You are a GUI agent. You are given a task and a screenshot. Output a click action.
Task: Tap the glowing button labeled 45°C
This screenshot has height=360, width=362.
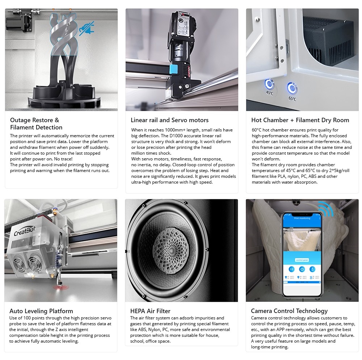(x=269, y=85)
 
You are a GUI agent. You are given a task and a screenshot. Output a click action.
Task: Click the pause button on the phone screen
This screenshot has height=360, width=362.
(x=291, y=269)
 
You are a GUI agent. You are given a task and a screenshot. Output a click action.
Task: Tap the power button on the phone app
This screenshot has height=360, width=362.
(x=302, y=269)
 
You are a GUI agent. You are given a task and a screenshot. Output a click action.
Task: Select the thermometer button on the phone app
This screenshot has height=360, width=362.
(x=312, y=269)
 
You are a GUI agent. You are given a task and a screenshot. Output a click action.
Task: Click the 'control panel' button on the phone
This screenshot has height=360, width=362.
(x=302, y=260)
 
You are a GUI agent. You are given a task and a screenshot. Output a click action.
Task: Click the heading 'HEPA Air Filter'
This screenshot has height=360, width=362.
(x=150, y=311)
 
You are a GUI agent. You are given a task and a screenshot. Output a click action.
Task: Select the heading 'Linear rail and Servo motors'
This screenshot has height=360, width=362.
(x=169, y=120)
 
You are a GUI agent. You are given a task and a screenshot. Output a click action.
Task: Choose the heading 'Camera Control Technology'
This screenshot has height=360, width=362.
(x=289, y=311)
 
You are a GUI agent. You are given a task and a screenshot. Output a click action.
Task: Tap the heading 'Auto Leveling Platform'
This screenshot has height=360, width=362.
(x=41, y=311)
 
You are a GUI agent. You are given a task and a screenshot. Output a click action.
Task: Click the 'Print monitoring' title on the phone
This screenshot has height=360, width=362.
(x=302, y=218)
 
